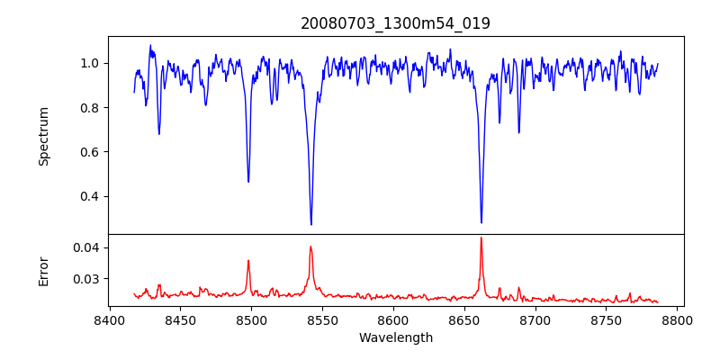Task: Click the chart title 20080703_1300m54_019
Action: point(395,23)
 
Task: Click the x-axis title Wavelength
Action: point(395,337)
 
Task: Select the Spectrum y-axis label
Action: point(44,135)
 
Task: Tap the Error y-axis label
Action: point(44,270)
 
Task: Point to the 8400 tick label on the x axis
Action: point(109,319)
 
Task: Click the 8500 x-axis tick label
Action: point(251,319)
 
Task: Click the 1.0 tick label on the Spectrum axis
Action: point(89,63)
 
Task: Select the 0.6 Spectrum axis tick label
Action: point(89,152)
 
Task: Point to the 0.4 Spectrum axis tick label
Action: point(89,196)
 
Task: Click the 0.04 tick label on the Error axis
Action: point(85,247)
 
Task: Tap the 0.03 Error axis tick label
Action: point(85,279)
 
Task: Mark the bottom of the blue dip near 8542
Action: point(311,224)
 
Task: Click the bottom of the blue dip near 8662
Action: point(481,222)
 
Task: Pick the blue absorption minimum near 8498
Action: point(248,182)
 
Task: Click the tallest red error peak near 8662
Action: point(481,238)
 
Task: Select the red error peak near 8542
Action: point(310,247)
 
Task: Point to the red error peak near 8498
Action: point(248,261)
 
